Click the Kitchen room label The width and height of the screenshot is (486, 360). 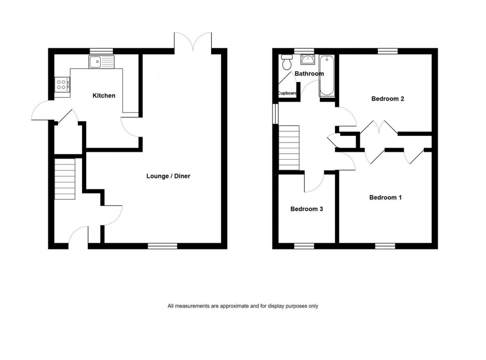pyautogui.click(x=104, y=96)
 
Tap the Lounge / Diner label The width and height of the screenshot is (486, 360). pyautogui.click(x=168, y=176)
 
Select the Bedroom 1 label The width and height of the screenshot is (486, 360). pyautogui.click(x=385, y=197)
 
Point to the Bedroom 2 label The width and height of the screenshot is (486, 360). pyautogui.click(x=388, y=99)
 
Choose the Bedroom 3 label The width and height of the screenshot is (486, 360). pyautogui.click(x=307, y=209)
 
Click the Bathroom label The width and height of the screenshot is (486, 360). pyautogui.click(x=309, y=74)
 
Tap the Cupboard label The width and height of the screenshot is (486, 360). pyautogui.click(x=288, y=93)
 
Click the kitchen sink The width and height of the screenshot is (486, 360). pyautogui.click(x=101, y=61)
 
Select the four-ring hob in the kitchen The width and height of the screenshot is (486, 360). pyautogui.click(x=62, y=85)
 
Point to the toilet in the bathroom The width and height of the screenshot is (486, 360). pyautogui.click(x=287, y=62)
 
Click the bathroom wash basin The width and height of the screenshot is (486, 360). pyautogui.click(x=307, y=60)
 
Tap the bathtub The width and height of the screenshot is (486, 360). pyautogui.click(x=327, y=75)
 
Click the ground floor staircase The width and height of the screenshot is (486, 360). pyautogui.click(x=65, y=178)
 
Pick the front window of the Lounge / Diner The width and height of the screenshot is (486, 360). pyautogui.click(x=162, y=246)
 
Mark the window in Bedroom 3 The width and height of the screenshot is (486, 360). pyautogui.click(x=304, y=246)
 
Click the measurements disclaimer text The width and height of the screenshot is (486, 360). pyautogui.click(x=243, y=306)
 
